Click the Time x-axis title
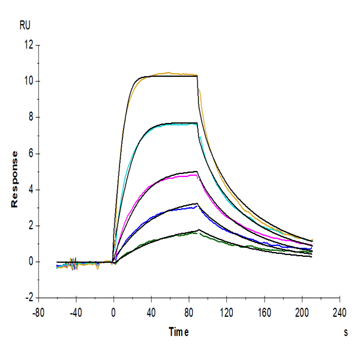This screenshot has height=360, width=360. (x=179, y=332)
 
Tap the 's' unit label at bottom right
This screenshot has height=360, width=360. (x=346, y=332)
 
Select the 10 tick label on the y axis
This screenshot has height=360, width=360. (x=27, y=81)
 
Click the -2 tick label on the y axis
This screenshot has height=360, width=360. (x=28, y=298)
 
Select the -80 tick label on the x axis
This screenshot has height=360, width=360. (x=38, y=312)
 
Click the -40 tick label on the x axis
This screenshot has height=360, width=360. (x=76, y=312)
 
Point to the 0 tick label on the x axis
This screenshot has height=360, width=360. (x=113, y=312)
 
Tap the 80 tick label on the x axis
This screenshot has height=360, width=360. (x=189, y=312)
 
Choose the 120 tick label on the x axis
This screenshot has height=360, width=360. (x=226, y=312)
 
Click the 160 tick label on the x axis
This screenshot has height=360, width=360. (x=264, y=312)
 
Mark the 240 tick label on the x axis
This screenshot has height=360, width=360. (x=340, y=312)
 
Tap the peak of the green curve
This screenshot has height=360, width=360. (x=196, y=232)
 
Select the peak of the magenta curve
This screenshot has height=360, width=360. (x=194, y=175)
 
